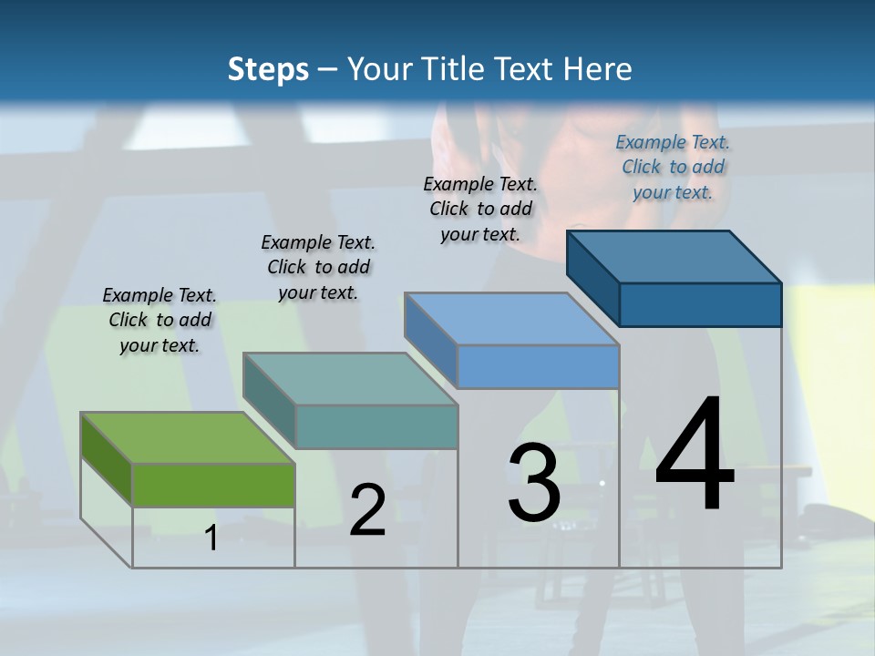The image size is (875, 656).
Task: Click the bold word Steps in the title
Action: (x=268, y=69)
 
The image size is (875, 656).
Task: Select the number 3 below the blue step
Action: (x=534, y=483)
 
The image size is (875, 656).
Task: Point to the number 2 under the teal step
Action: (x=367, y=510)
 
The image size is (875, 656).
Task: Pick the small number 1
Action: (x=211, y=538)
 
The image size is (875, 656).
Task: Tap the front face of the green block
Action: (x=213, y=485)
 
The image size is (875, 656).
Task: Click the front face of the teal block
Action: (x=376, y=426)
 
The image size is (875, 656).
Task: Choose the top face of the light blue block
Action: (x=512, y=319)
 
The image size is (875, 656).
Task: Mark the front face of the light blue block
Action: (x=538, y=366)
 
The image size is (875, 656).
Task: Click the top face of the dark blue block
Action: (x=674, y=256)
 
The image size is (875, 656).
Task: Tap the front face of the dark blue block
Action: (x=700, y=304)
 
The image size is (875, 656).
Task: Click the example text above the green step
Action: (x=160, y=321)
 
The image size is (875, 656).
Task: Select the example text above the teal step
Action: (x=318, y=267)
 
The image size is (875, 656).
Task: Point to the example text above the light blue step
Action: (x=480, y=209)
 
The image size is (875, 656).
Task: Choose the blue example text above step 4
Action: (x=673, y=167)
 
